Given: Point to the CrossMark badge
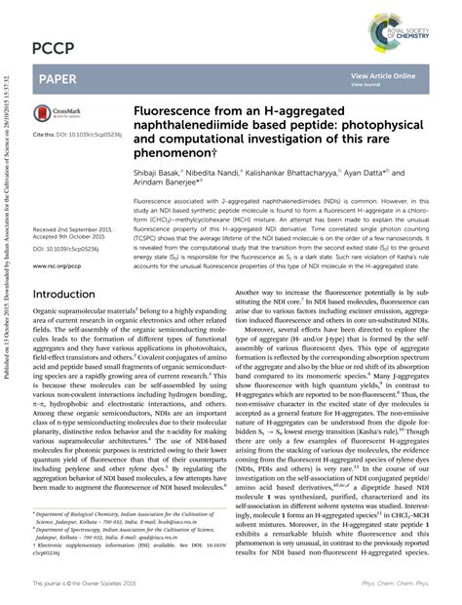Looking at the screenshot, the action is pos(58,114).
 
